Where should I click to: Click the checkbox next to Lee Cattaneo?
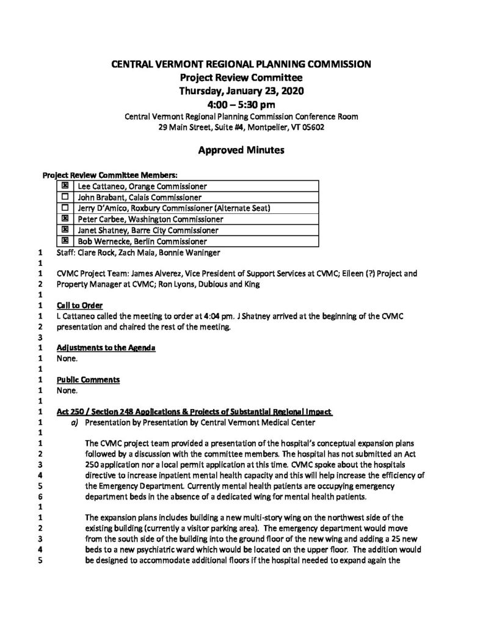(x=65, y=186)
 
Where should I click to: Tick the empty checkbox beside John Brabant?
(x=65, y=197)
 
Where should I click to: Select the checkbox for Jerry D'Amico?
(x=65, y=208)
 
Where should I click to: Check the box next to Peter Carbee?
(x=65, y=219)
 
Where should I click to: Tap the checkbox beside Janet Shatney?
(x=65, y=230)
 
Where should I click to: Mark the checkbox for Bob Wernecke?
(x=65, y=241)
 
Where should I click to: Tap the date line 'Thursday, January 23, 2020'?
(x=241, y=90)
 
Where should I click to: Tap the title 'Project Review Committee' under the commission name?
(x=241, y=77)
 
